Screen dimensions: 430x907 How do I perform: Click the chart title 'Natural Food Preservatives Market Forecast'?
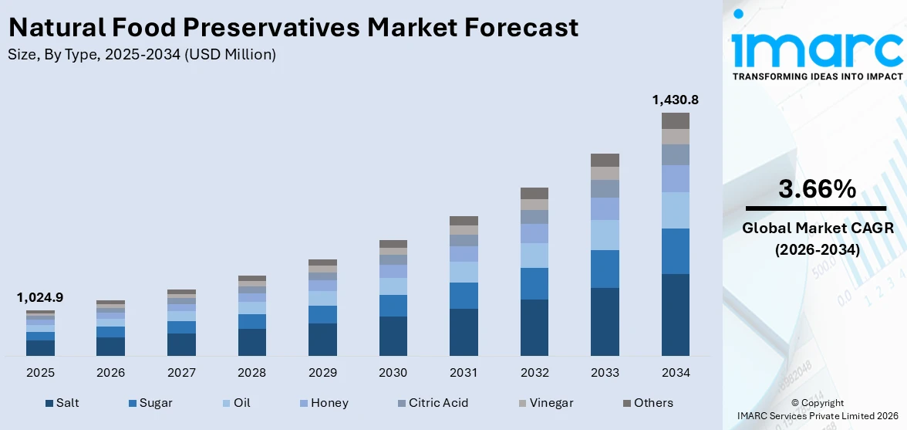[292, 28]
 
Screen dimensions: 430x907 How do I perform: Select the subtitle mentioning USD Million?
[141, 55]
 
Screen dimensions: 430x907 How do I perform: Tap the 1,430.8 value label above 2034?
[675, 100]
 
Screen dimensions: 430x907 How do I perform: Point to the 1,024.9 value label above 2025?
[40, 297]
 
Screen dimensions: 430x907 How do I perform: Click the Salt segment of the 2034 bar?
[675, 314]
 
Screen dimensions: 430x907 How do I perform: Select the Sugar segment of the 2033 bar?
[605, 269]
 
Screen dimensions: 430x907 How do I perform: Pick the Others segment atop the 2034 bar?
[675, 120]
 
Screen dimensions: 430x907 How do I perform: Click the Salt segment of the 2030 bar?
[393, 336]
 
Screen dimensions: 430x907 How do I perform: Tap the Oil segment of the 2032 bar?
[534, 256]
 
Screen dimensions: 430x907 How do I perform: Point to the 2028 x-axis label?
[251, 373]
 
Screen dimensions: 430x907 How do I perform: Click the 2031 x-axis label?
[464, 373]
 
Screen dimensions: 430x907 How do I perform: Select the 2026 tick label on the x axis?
[110, 373]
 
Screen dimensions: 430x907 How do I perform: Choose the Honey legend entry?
[329, 403]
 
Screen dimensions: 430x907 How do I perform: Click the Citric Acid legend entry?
[438, 403]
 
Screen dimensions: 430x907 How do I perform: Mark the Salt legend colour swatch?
[49, 403]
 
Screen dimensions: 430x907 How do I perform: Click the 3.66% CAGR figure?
[816, 188]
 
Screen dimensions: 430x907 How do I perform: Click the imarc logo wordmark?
[817, 46]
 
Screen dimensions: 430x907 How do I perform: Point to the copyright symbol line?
[817, 402]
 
